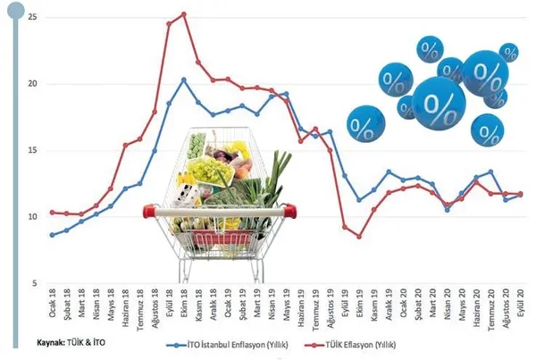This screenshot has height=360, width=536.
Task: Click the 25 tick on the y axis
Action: [33, 18]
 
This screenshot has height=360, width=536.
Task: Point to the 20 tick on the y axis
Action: [33, 84]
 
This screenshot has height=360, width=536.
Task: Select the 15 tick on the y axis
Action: [33, 150]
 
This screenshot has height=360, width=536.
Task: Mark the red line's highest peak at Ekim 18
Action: [183, 13]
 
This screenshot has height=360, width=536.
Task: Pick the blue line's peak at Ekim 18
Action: [183, 80]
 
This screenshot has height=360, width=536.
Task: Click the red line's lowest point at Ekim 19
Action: [358, 237]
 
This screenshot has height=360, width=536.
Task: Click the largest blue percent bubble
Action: [440, 104]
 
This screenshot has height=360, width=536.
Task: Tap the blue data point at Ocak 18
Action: [53, 235]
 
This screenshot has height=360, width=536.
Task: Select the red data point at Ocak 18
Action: [53, 212]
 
